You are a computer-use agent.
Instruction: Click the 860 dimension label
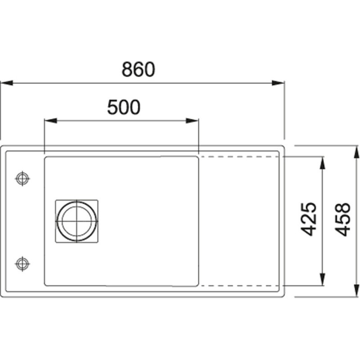[x=138, y=69]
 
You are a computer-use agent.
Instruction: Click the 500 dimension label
[x=123, y=107]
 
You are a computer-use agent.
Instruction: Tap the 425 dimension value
[x=309, y=219]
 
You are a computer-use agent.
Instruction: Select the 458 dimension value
[x=342, y=220]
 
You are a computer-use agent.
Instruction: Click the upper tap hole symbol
[x=22, y=178]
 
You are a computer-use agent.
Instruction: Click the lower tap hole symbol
[x=22, y=264]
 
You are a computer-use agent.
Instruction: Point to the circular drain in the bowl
[x=76, y=221]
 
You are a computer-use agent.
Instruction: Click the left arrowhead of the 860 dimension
[x=6, y=83]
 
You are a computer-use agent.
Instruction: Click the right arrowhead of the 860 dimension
[x=278, y=83]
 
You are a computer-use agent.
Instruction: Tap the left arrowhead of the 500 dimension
[x=50, y=121]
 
